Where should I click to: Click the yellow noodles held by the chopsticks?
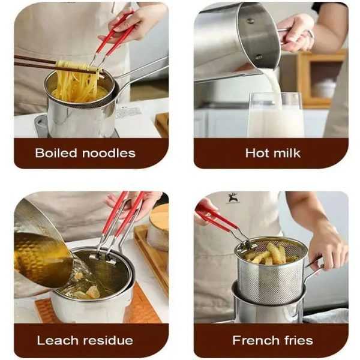(75, 81)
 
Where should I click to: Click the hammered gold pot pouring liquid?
(39, 246)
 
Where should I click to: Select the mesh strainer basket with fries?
(270, 270)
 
